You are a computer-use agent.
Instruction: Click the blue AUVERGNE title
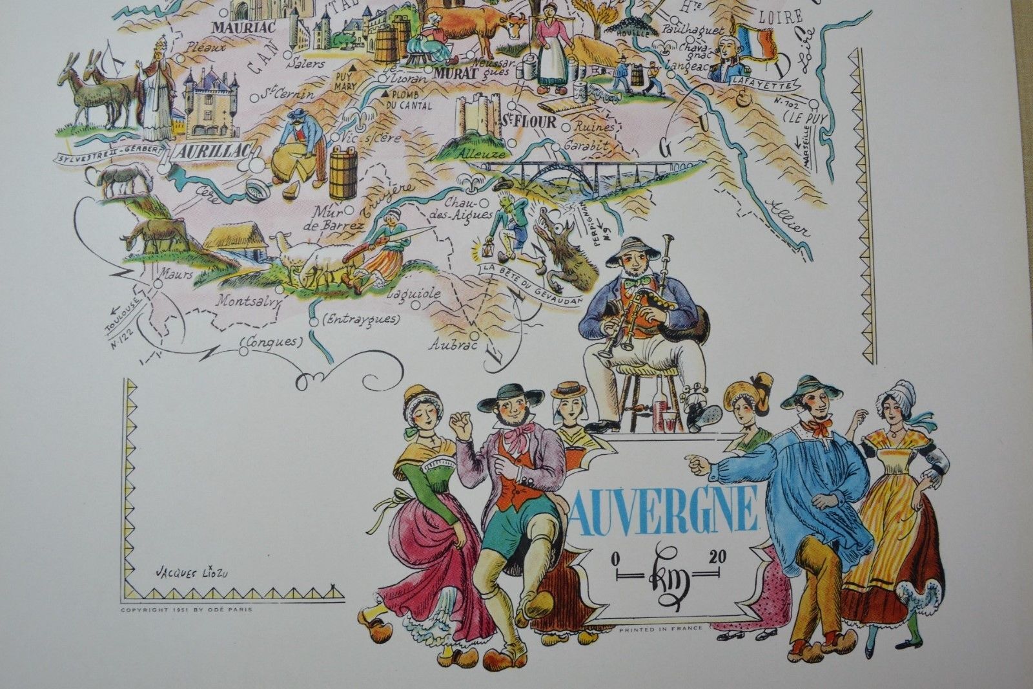click(666, 509)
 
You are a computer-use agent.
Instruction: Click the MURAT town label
click(455, 73)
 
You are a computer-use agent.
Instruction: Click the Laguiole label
click(414, 293)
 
